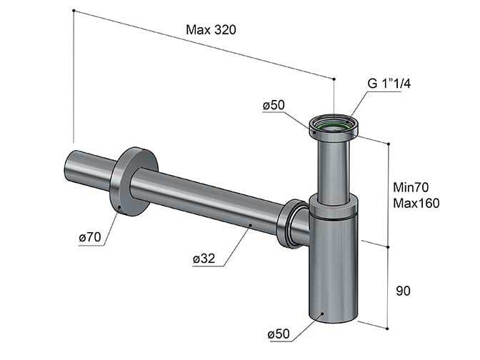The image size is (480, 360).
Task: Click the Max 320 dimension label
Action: coord(211,30)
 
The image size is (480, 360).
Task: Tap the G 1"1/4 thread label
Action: coord(389,84)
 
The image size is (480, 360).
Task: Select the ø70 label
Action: coord(90,237)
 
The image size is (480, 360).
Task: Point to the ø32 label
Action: coord(204,259)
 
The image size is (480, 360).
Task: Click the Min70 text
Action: coord(411,187)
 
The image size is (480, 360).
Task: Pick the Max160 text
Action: coord(416,203)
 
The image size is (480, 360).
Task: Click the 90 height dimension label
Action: coord(403,291)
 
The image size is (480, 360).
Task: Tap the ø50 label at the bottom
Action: coord(279,334)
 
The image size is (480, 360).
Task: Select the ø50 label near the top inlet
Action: coord(274,105)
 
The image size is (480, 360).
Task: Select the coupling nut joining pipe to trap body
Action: coord(291,224)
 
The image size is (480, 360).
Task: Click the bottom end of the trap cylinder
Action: coord(333,319)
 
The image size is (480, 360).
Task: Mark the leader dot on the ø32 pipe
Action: coord(251,225)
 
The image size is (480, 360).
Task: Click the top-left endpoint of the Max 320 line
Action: coord(74,11)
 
